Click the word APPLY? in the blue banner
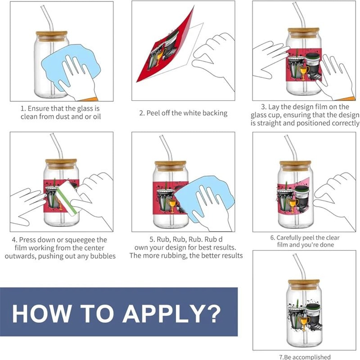(x=171, y=313)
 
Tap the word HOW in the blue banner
(x=41, y=313)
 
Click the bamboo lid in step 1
(x=51, y=36)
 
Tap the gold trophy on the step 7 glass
(x=303, y=323)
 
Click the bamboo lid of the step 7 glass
(x=304, y=285)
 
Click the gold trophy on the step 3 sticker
(x=303, y=73)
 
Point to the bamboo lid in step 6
(x=295, y=166)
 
